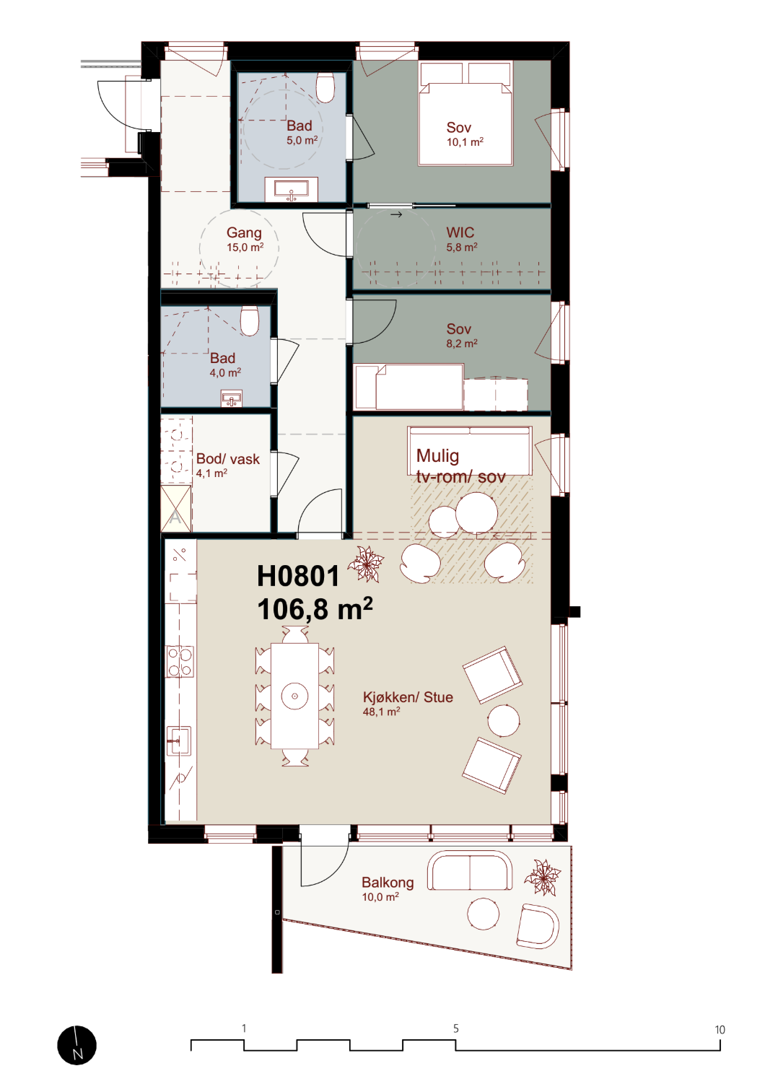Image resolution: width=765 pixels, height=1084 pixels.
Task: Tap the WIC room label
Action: tap(460, 233)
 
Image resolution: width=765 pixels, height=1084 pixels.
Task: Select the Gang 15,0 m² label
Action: tap(245, 240)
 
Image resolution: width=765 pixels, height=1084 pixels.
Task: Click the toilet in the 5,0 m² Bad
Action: tap(325, 87)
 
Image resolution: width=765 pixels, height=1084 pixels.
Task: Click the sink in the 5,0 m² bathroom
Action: tap(292, 189)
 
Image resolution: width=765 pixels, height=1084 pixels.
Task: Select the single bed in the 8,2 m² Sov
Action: tap(409, 387)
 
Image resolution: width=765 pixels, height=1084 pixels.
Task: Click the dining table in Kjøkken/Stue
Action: tap(294, 696)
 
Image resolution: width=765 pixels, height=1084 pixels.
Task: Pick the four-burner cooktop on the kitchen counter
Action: tap(180, 662)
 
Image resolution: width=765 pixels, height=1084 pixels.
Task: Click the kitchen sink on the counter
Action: tap(178, 740)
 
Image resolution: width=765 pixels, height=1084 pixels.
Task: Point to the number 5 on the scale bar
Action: tap(456, 1028)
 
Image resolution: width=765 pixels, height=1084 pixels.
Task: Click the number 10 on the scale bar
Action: tap(720, 1030)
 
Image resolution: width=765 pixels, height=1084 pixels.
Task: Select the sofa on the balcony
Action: tap(469, 871)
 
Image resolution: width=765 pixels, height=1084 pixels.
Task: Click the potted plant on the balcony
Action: tap(543, 877)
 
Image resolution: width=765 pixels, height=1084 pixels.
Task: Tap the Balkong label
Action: tap(388, 883)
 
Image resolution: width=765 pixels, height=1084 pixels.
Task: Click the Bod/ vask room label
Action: tap(228, 459)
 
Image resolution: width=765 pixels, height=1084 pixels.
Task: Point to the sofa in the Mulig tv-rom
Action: tap(470, 451)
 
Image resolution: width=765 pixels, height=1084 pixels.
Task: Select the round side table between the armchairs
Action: tap(504, 720)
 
